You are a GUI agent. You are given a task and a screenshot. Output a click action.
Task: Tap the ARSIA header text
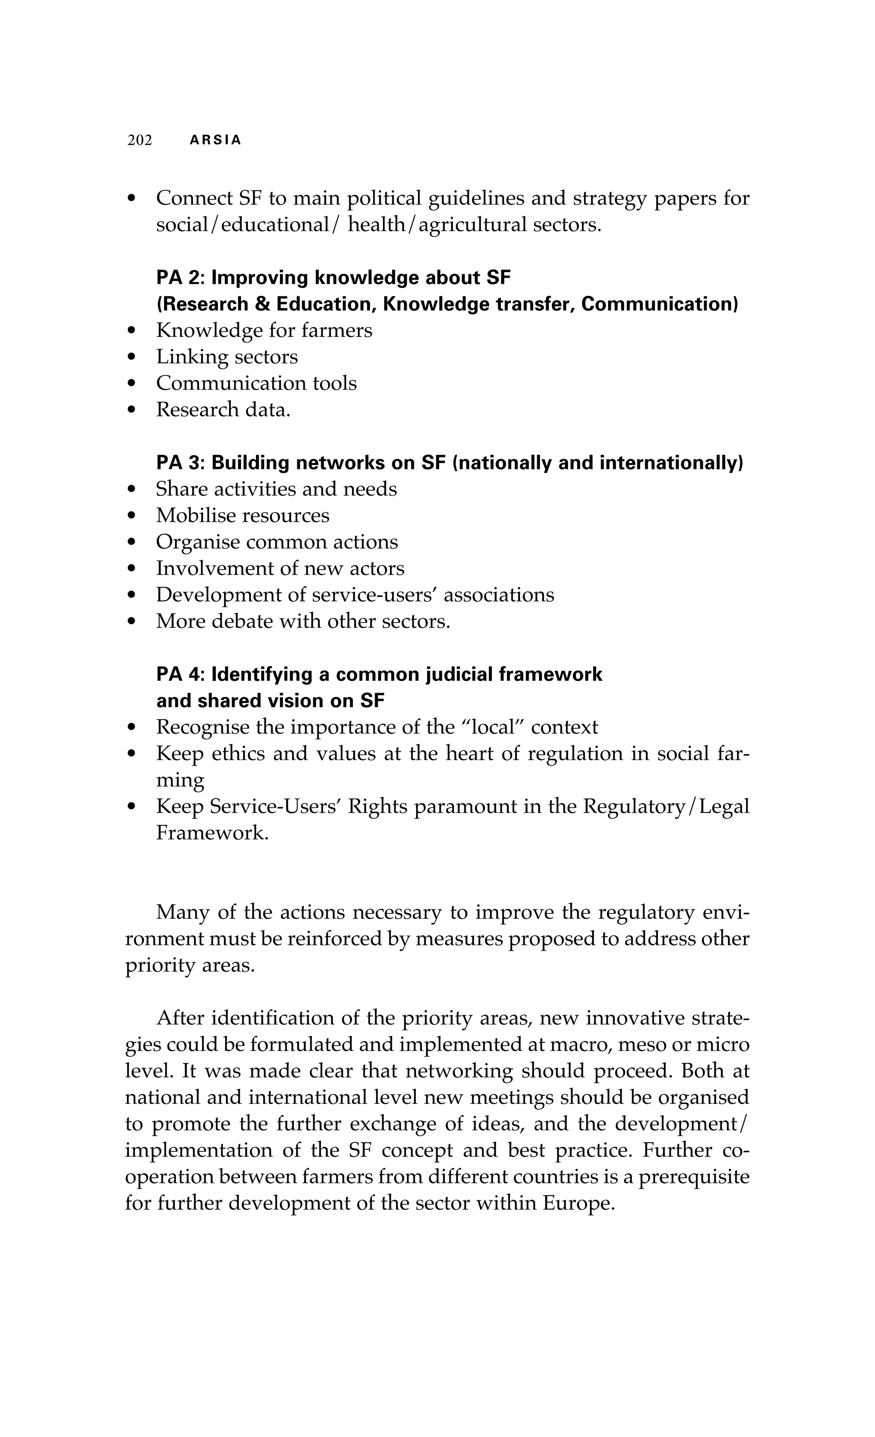215,140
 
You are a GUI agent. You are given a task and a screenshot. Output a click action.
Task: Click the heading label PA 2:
180,278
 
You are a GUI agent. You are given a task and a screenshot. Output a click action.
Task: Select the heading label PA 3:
180,462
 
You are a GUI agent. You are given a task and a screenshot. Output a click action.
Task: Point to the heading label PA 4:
180,674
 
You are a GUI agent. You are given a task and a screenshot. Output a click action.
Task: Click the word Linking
192,357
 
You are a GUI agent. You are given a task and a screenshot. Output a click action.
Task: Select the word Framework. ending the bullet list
212,833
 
